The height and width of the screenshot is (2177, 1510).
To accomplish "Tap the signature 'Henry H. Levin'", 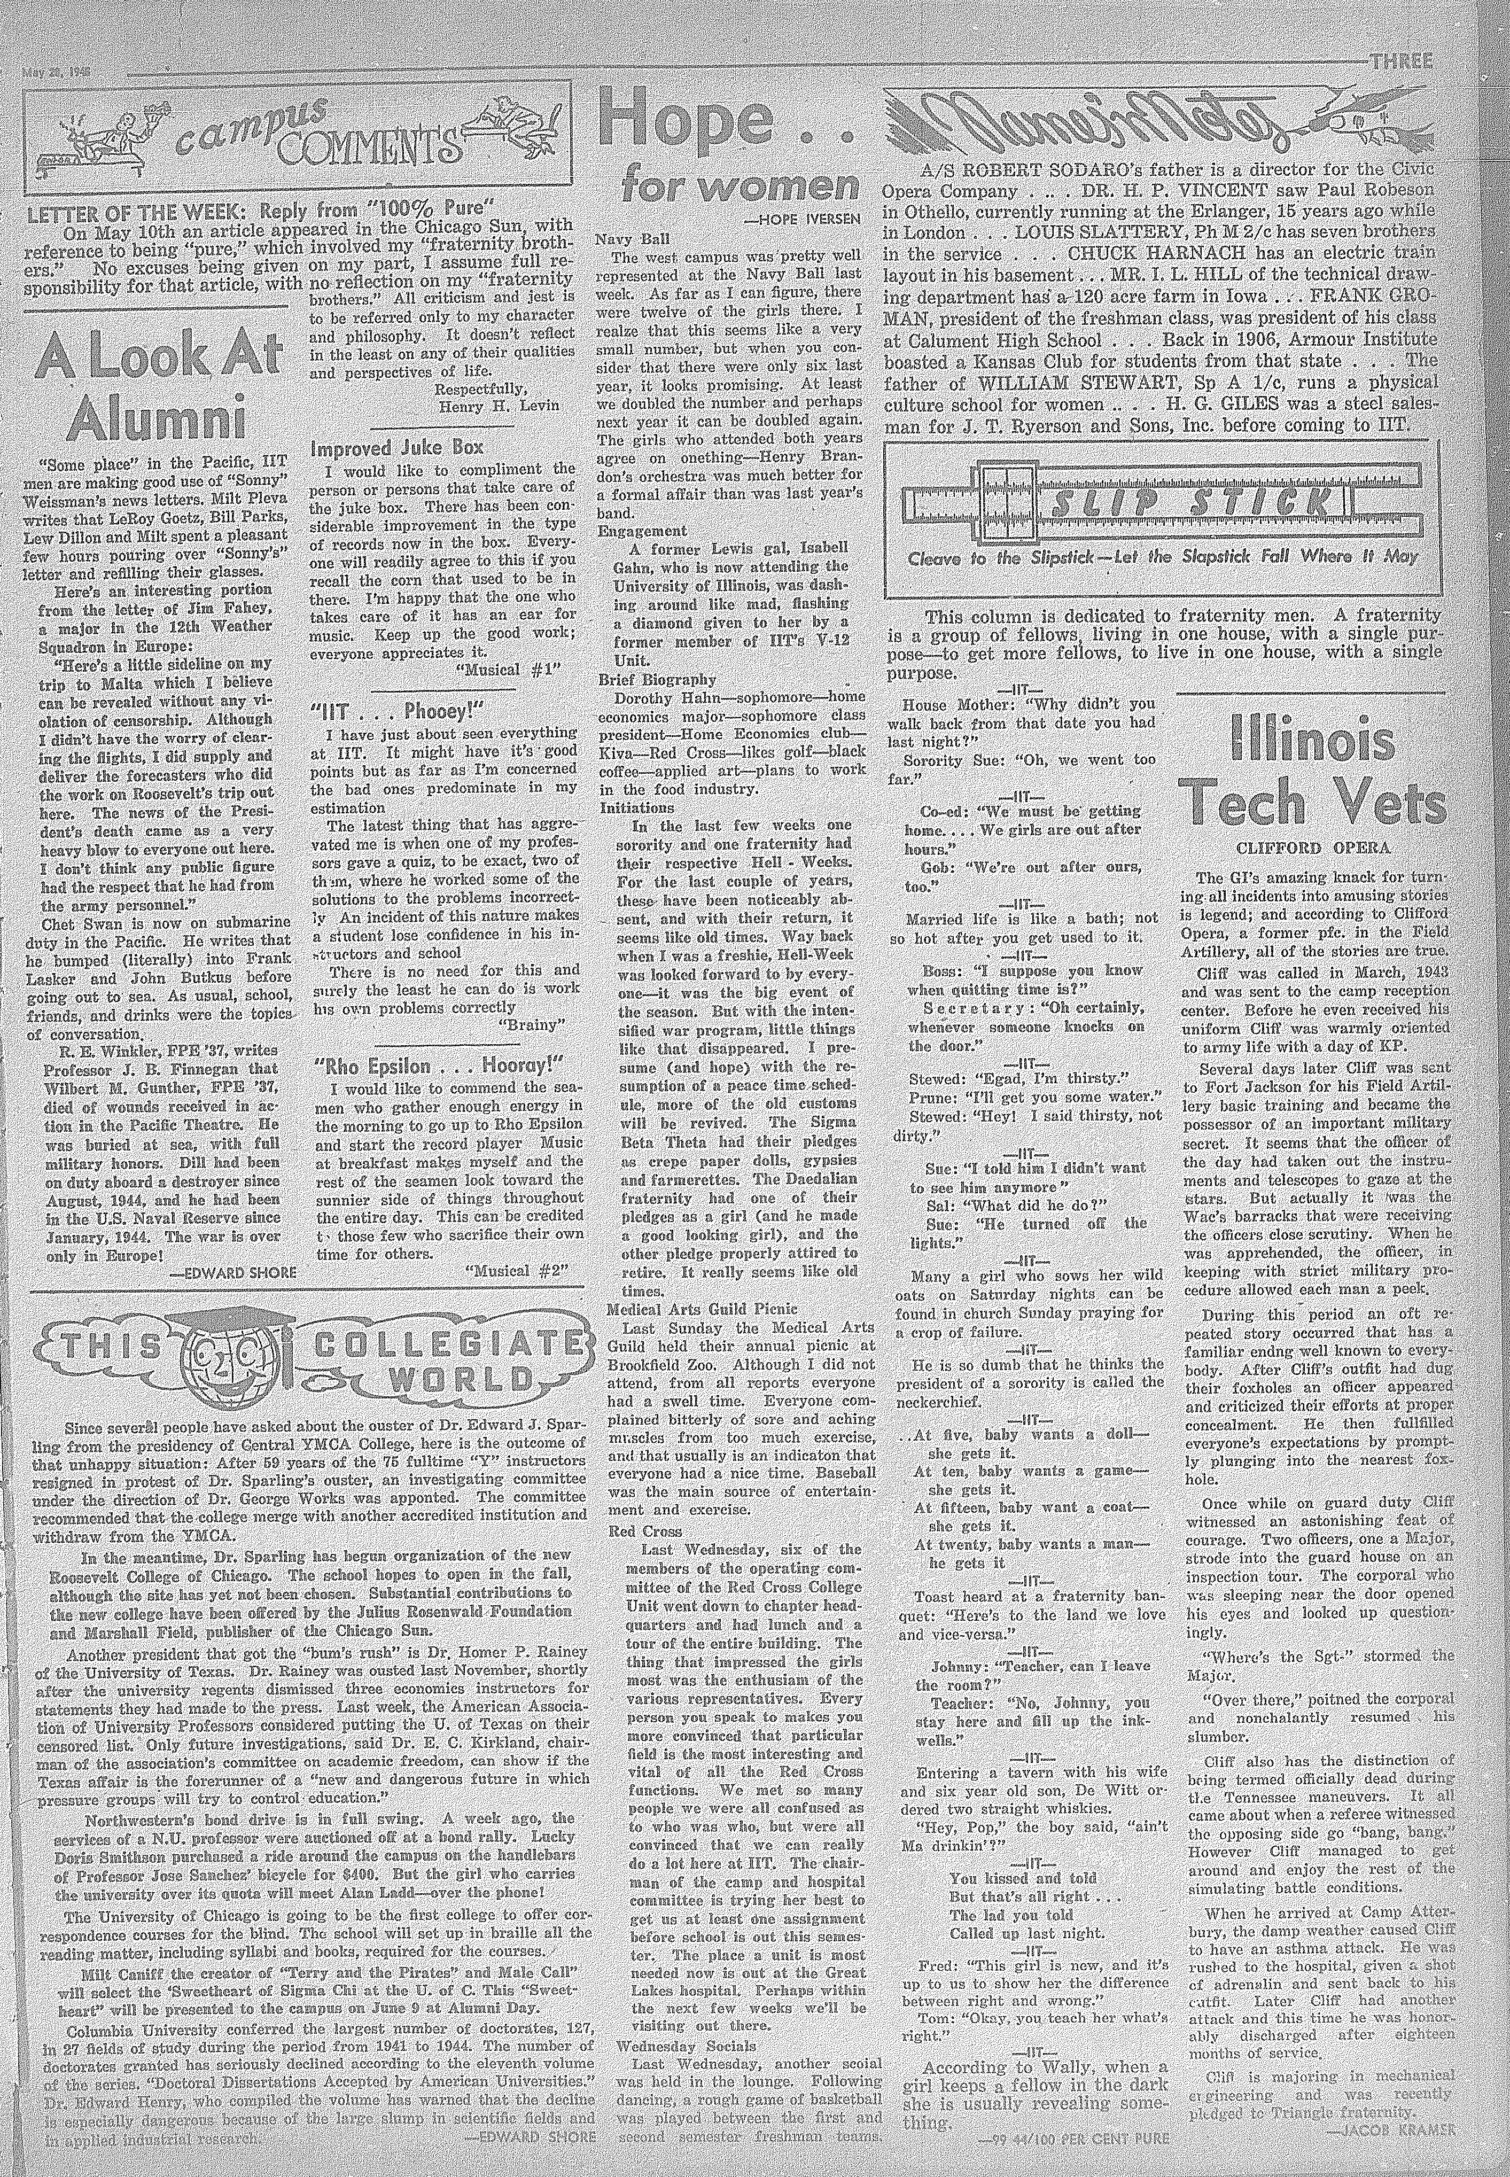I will (486, 407).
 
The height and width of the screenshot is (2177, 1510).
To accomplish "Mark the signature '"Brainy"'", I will (530, 1024).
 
